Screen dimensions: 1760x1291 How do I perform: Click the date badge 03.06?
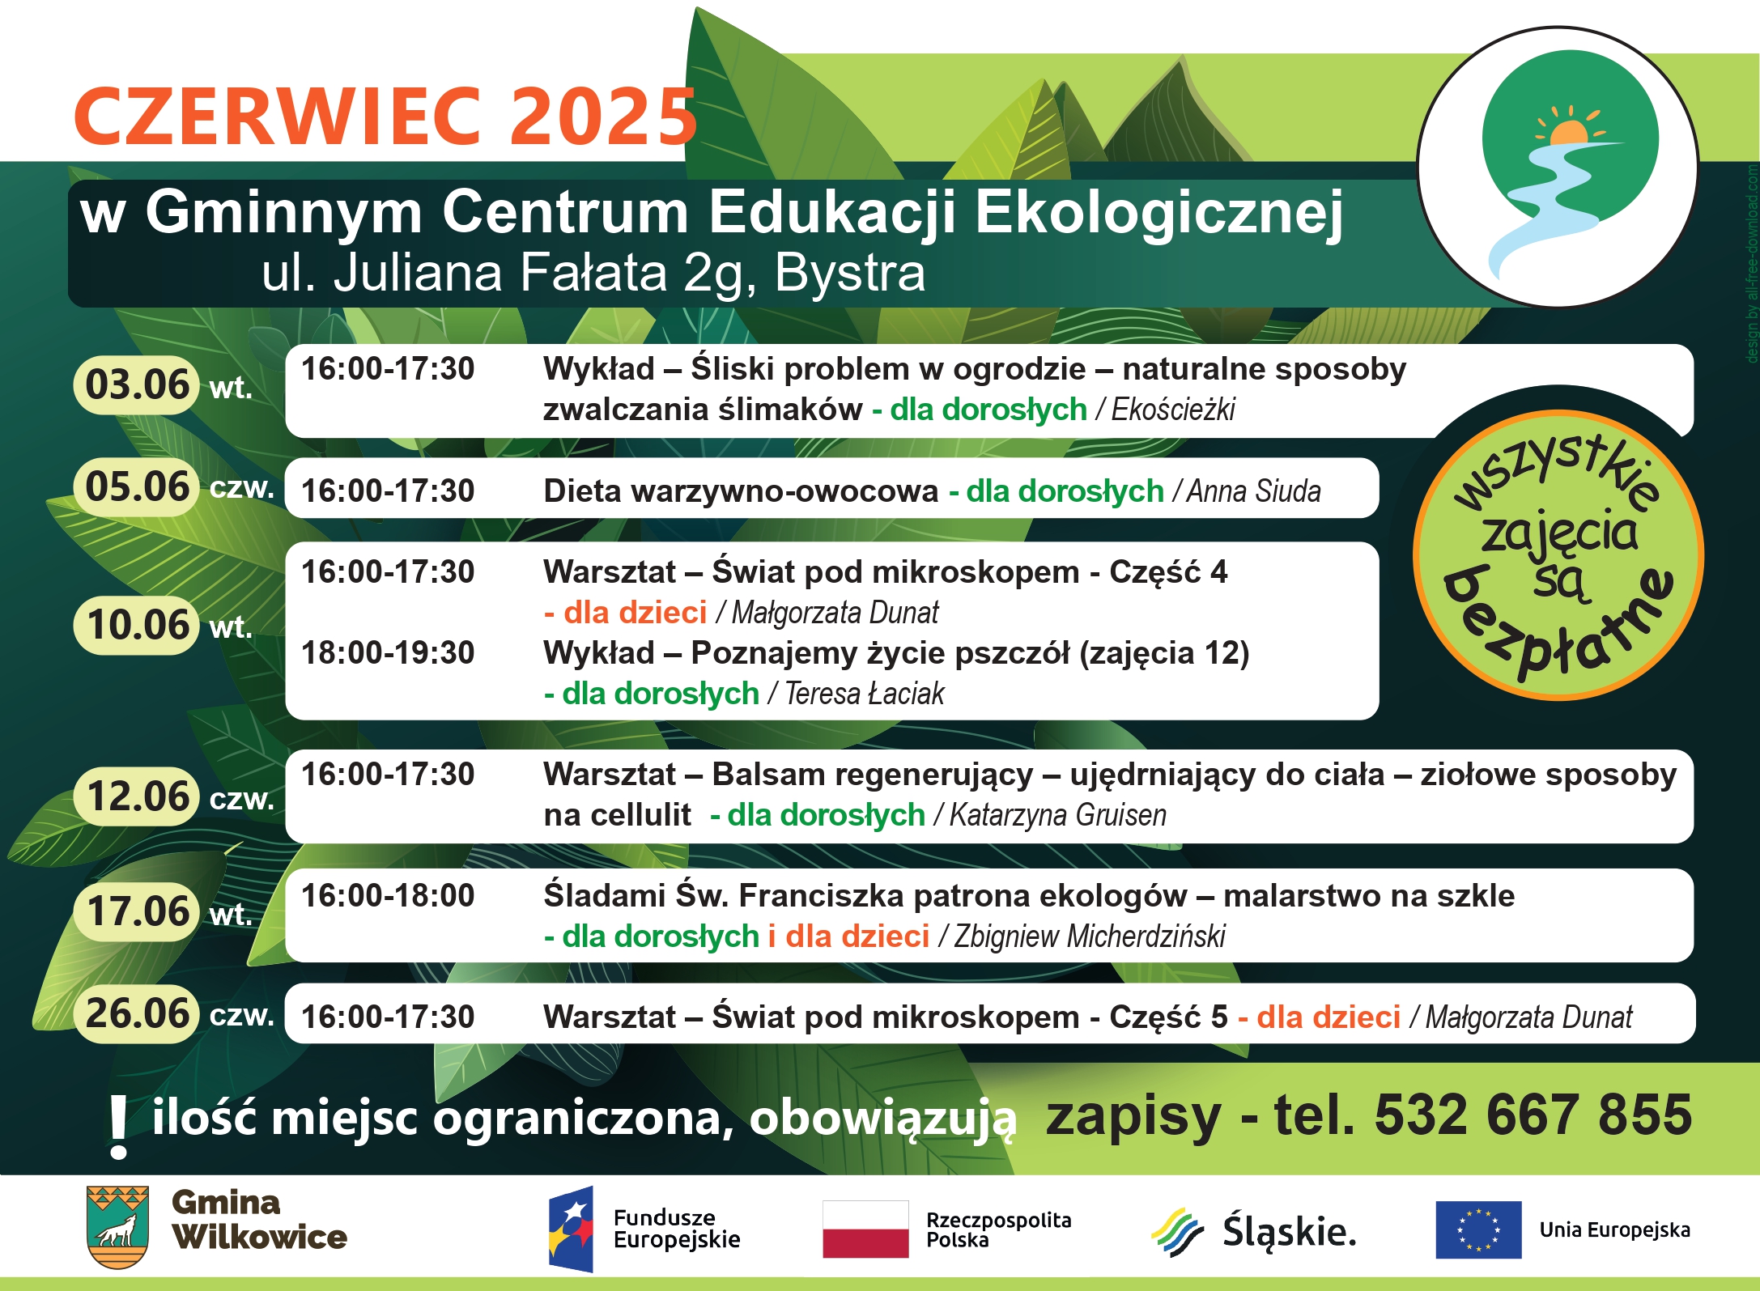tap(136, 384)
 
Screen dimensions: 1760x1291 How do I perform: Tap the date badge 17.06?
tap(136, 911)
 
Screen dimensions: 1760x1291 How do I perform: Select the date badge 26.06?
tap(136, 1013)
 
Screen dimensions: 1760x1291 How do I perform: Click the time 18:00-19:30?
tap(388, 652)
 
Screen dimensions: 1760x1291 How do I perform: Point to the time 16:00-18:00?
tap(388, 895)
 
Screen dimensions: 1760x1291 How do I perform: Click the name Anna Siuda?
tap(1253, 491)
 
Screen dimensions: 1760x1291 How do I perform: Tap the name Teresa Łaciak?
tap(864, 694)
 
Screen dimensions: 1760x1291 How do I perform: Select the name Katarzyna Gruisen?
tap(1057, 815)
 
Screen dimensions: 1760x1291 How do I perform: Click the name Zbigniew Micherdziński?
tap(1089, 936)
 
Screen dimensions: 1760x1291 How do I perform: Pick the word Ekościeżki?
tap(1173, 410)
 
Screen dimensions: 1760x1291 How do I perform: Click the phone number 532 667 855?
tap(1533, 1115)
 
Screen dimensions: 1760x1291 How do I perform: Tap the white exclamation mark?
tap(118, 1128)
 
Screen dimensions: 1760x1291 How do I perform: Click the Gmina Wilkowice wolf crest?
tap(117, 1227)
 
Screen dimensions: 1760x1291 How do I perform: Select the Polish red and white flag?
tap(865, 1229)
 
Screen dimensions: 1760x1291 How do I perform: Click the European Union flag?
tap(1478, 1229)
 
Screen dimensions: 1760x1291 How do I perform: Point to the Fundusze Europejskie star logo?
tap(571, 1229)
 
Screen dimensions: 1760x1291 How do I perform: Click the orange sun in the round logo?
tap(1569, 131)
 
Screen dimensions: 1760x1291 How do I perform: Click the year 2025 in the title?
tap(602, 117)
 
